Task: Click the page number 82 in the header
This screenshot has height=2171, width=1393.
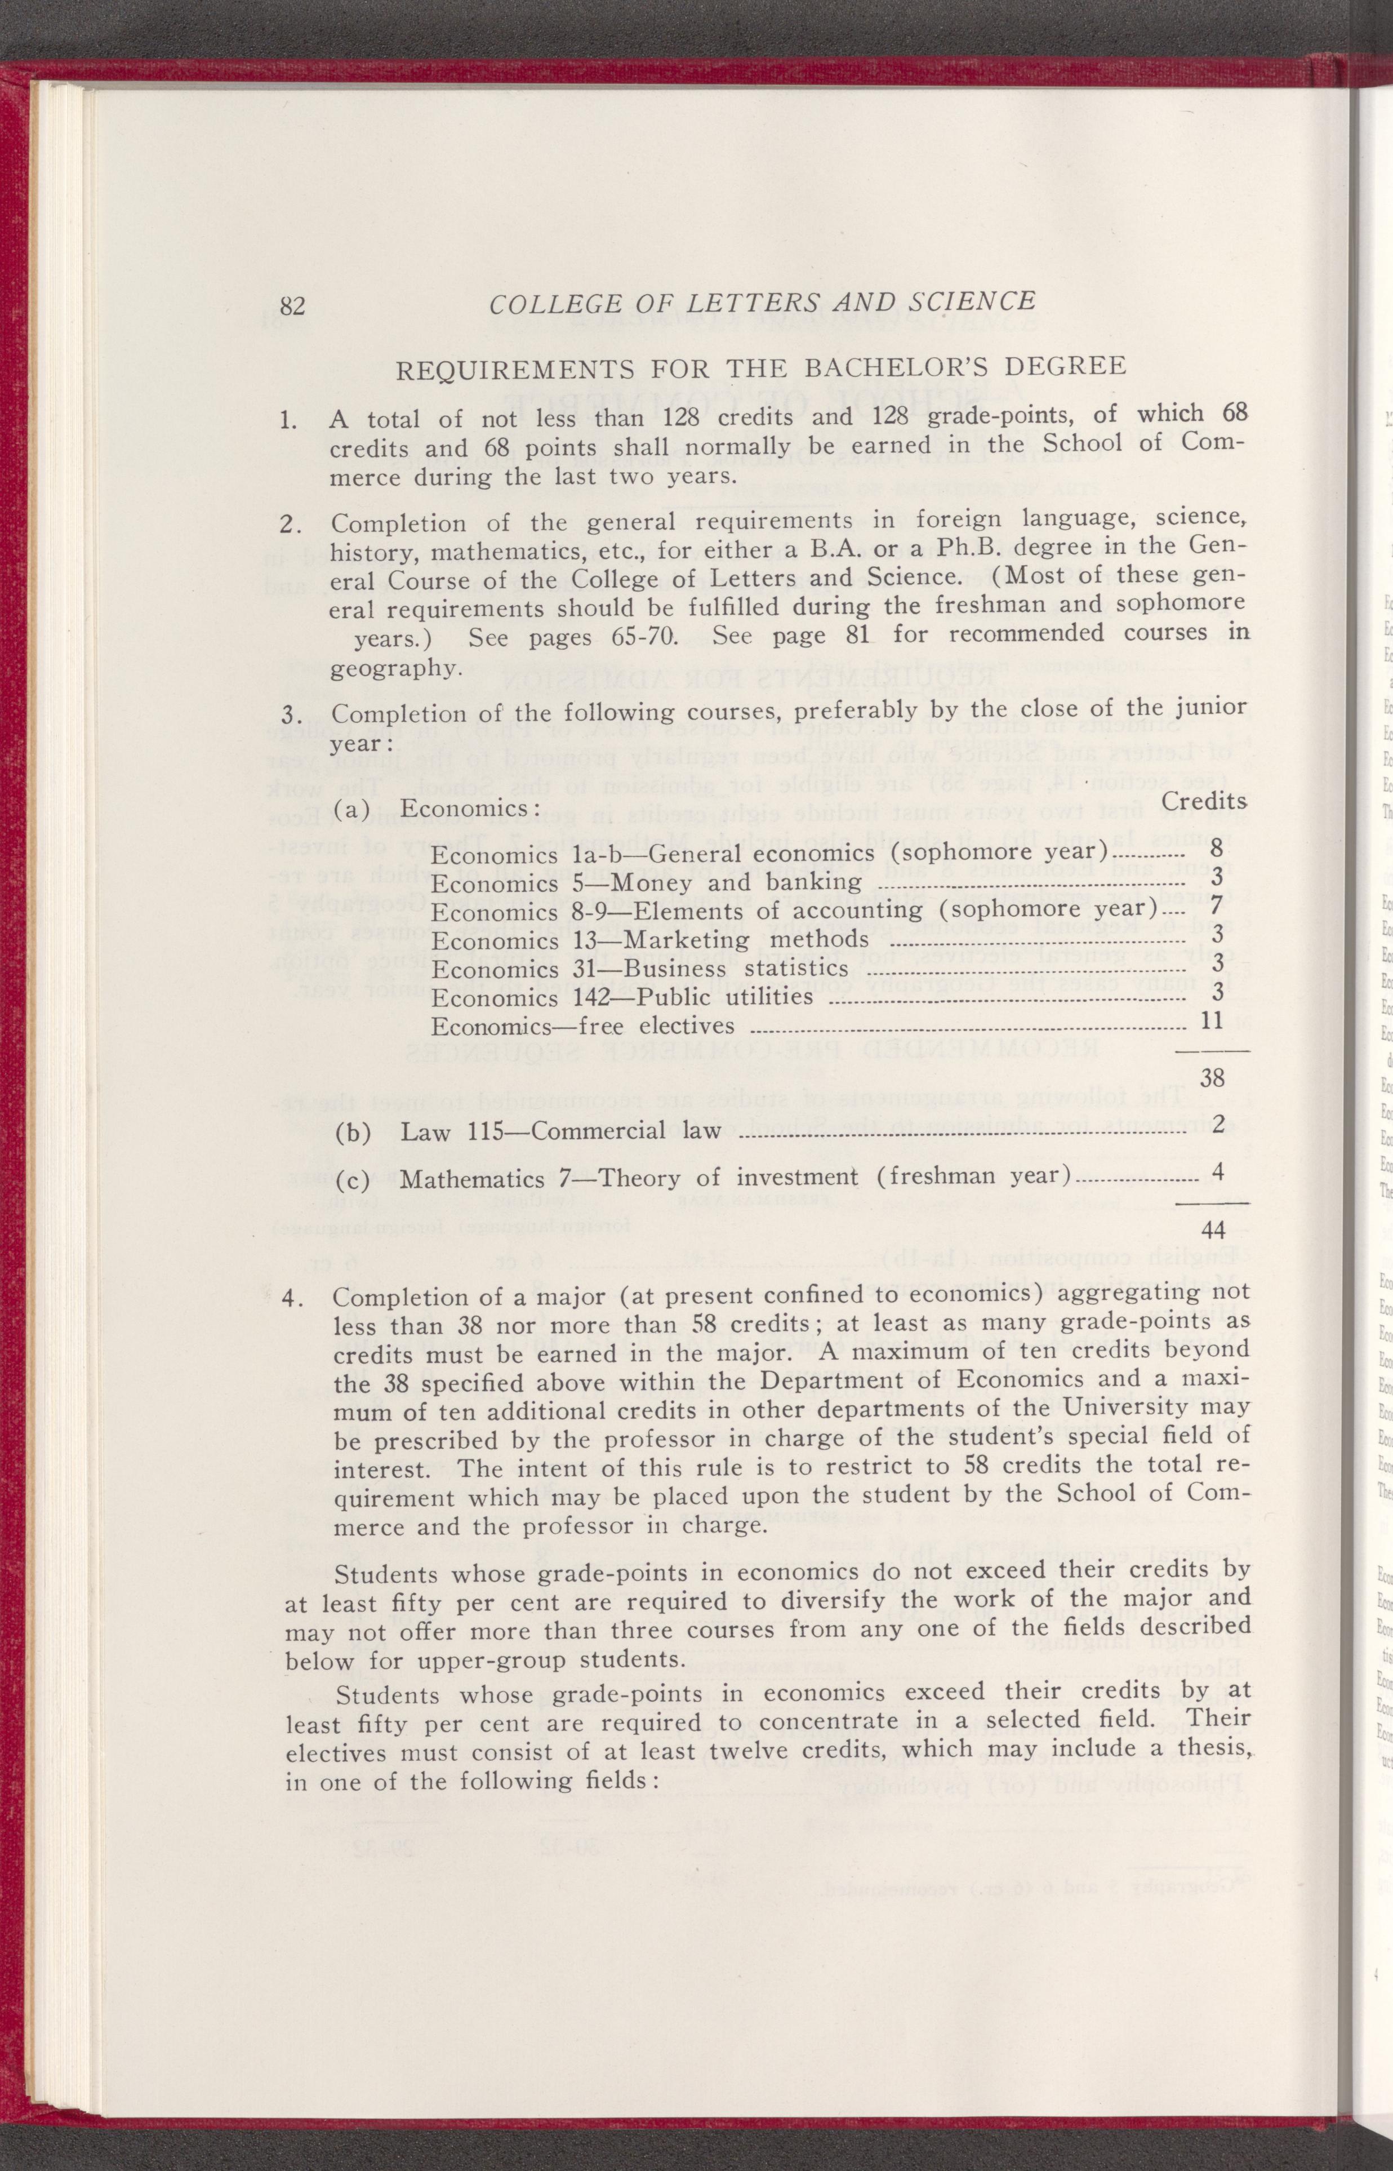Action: [x=292, y=305]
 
